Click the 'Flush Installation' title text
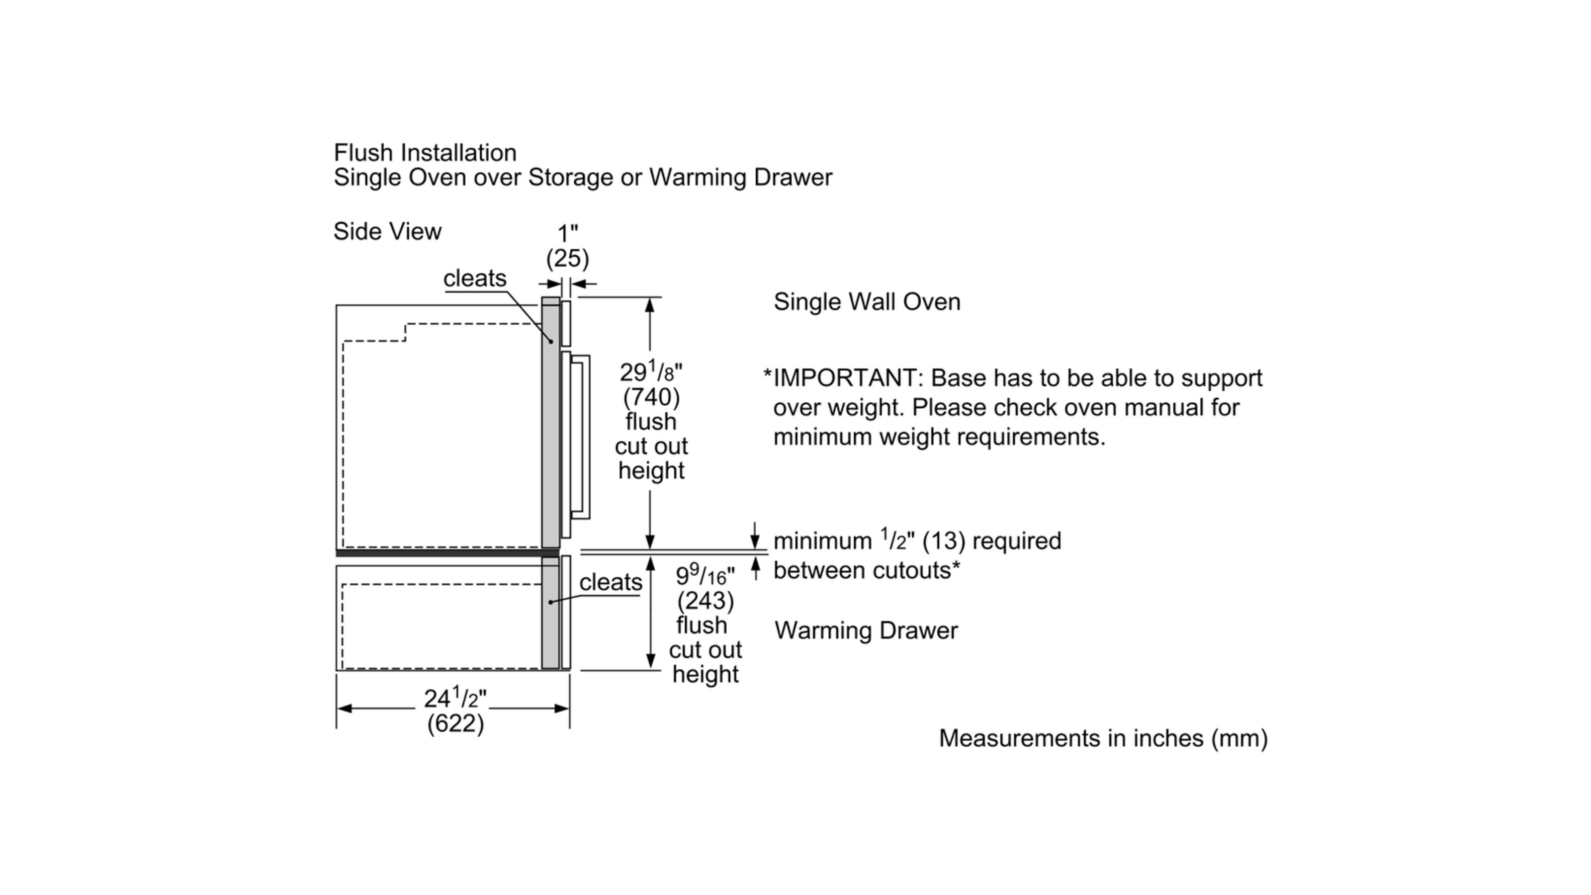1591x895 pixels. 425,153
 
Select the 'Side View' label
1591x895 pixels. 387,232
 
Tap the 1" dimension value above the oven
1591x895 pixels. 568,234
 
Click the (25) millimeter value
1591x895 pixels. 568,258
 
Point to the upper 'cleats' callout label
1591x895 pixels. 474,278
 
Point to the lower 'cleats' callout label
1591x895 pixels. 610,582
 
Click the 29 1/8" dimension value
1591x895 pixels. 651,372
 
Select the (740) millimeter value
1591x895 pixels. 651,397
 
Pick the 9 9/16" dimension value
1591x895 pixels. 705,576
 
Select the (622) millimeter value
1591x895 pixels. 455,723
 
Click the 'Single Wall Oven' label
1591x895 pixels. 867,302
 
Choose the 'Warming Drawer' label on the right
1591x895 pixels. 866,630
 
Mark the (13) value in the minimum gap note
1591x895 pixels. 943,541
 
